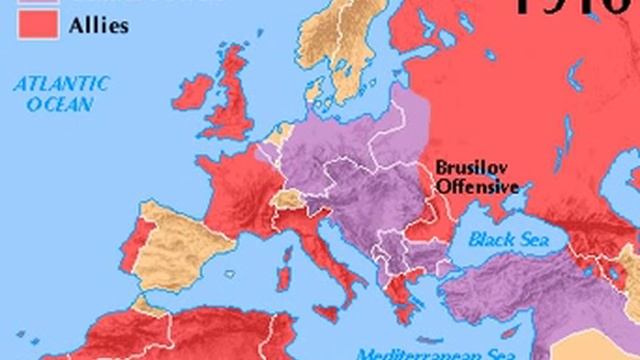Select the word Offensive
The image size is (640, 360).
tap(477, 186)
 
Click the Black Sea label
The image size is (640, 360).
tap(506, 240)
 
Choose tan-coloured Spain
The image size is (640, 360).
tap(185, 240)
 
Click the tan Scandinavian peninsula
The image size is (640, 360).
tap(345, 60)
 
